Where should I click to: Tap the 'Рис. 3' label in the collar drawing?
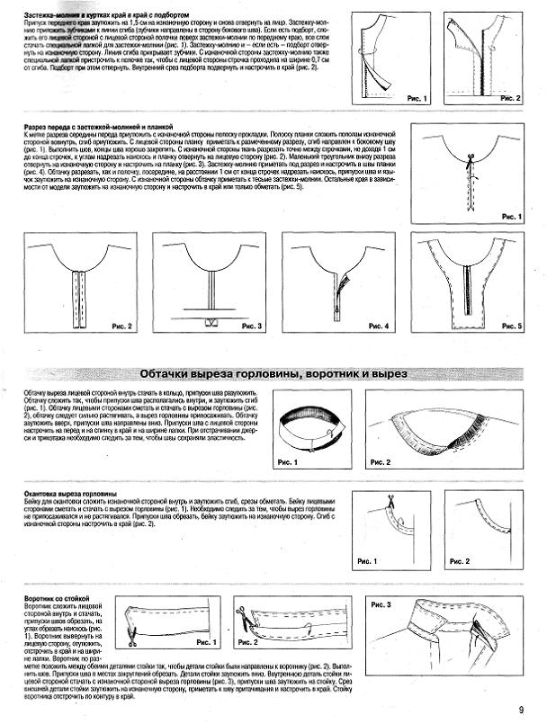[x=382, y=606]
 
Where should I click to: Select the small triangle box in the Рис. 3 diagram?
[x=214, y=321]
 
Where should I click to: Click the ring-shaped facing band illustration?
[x=307, y=424]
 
